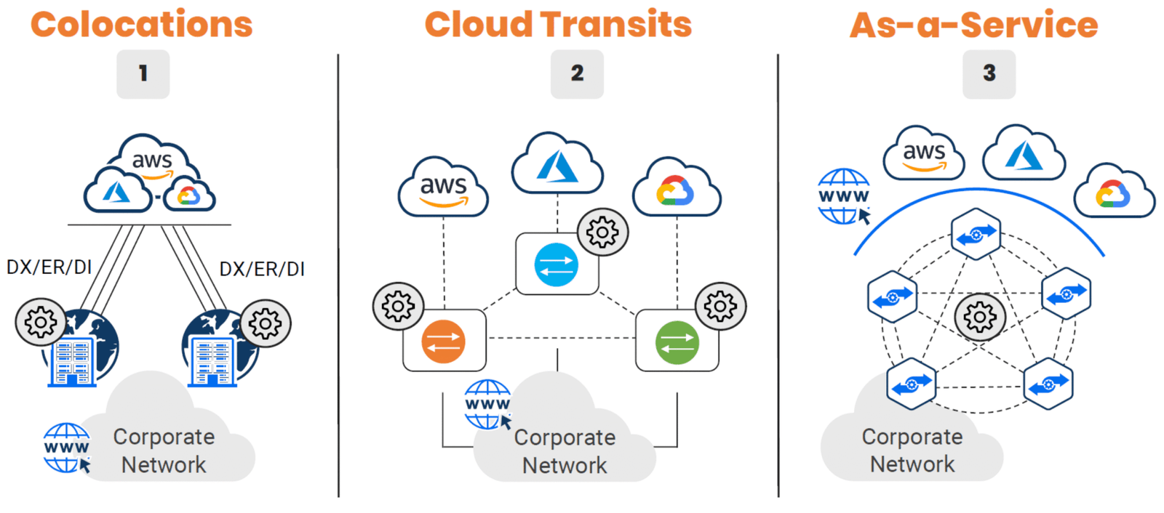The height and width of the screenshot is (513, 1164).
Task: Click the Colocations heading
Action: tap(142, 25)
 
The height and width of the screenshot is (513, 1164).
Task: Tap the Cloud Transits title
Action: tap(558, 25)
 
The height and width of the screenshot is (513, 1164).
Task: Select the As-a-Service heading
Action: tap(973, 25)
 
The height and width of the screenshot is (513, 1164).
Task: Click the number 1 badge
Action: tap(143, 73)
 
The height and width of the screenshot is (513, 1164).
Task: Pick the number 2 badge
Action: tap(577, 73)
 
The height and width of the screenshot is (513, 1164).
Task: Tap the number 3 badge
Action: tap(989, 73)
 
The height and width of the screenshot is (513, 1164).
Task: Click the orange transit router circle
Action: tap(443, 342)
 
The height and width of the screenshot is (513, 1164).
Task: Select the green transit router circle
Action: tap(677, 342)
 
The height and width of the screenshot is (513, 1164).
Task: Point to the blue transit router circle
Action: tap(556, 264)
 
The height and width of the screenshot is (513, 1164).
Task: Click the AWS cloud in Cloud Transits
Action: tap(443, 187)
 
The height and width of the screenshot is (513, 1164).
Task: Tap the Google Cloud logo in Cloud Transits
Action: tap(675, 191)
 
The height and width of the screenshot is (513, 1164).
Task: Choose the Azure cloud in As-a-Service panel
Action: tap(1024, 155)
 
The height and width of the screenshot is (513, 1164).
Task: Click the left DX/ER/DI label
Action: tap(49, 267)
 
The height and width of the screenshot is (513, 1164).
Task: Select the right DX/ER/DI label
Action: tap(262, 270)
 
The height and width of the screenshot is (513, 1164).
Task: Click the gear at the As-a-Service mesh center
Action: tap(980, 317)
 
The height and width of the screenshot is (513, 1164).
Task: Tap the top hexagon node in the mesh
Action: tap(976, 234)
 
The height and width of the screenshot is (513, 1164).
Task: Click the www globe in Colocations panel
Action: tap(66, 448)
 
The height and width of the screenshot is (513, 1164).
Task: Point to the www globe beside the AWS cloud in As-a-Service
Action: tap(843, 196)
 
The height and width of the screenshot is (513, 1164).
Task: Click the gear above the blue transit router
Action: tap(602, 233)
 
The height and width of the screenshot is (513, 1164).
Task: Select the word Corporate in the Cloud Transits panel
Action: tap(565, 437)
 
